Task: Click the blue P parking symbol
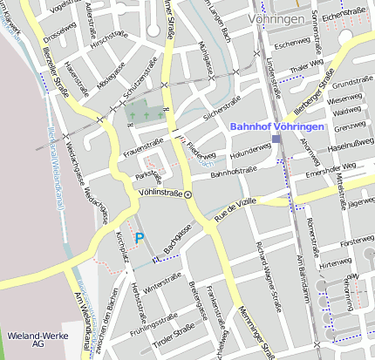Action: coord(139,237)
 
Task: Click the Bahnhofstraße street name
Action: coord(231,173)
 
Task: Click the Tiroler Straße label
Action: coord(174,333)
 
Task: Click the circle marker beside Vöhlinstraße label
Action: coord(187,195)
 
